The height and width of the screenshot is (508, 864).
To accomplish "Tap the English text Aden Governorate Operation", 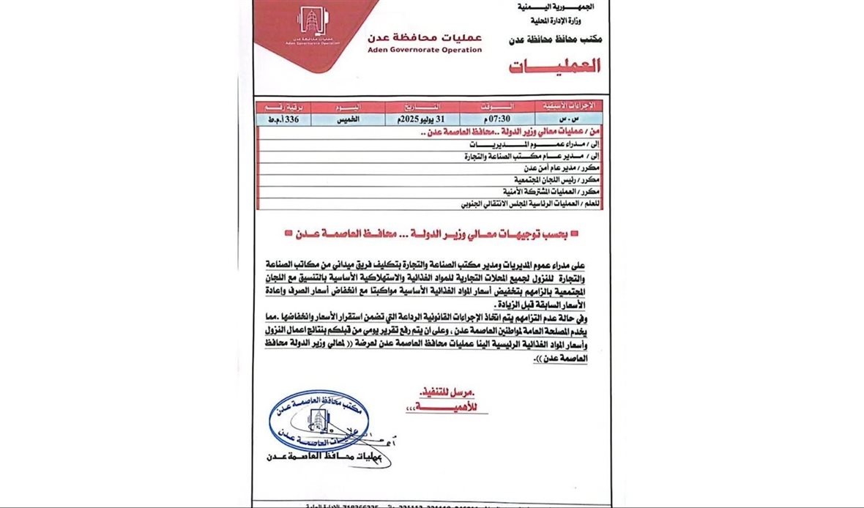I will [x=425, y=50].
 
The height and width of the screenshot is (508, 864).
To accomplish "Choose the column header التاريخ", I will [x=414, y=106].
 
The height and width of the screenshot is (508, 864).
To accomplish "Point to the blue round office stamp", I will [x=319, y=419].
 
